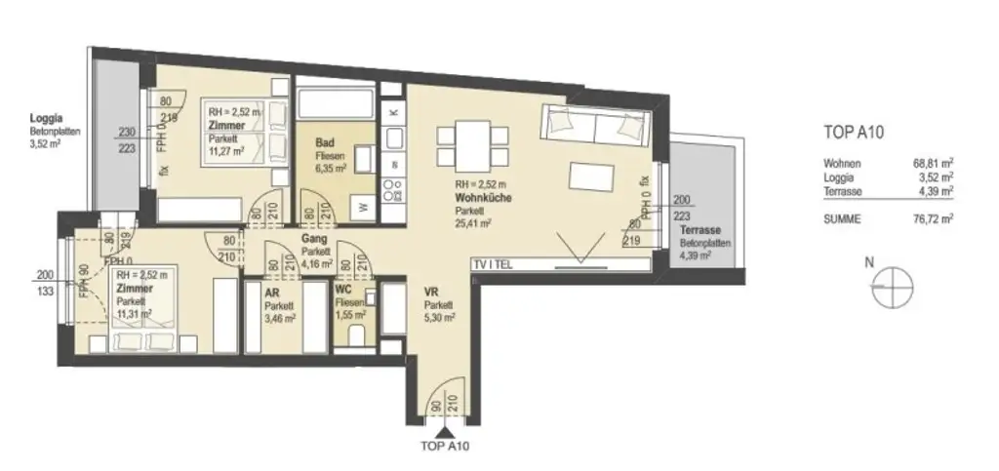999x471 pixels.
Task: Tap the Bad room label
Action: click(x=325, y=143)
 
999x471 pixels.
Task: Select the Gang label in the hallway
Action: click(x=312, y=238)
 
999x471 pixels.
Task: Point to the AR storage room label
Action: click(x=271, y=291)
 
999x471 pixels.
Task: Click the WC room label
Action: click(x=343, y=291)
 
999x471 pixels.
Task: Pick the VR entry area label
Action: click(x=429, y=292)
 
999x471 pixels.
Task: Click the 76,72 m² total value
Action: click(x=933, y=219)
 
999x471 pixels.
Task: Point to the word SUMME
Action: click(x=841, y=219)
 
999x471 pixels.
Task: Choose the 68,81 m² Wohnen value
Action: click(x=933, y=164)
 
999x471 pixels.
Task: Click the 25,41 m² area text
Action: click(x=472, y=222)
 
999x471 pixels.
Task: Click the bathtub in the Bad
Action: click(x=334, y=104)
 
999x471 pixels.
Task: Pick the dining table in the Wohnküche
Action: click(x=472, y=142)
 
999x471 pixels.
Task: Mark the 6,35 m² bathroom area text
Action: click(x=330, y=167)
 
